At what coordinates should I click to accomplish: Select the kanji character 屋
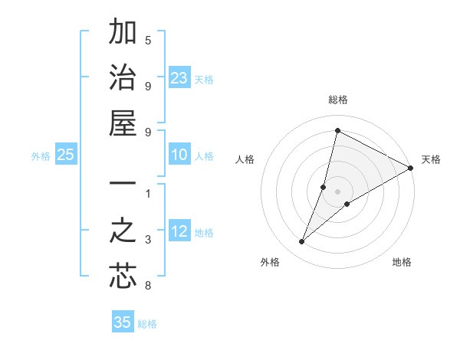123,123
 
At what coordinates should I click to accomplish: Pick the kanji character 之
123,231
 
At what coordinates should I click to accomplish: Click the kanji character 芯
123,276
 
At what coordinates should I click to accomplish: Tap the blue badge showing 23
179,77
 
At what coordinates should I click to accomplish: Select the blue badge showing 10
179,155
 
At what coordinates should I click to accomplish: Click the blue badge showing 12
179,232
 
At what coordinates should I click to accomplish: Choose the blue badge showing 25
66,155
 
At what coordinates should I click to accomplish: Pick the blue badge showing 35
123,322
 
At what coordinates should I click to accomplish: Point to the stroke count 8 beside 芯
148,286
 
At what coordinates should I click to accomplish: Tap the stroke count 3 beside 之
148,241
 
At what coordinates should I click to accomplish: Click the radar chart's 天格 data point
411,169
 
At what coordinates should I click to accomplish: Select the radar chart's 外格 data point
302,242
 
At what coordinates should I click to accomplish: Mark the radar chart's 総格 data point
337,131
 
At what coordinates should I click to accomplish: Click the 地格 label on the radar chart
402,263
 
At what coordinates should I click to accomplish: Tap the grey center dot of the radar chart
338,191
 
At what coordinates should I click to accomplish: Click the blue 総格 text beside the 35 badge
147,324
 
